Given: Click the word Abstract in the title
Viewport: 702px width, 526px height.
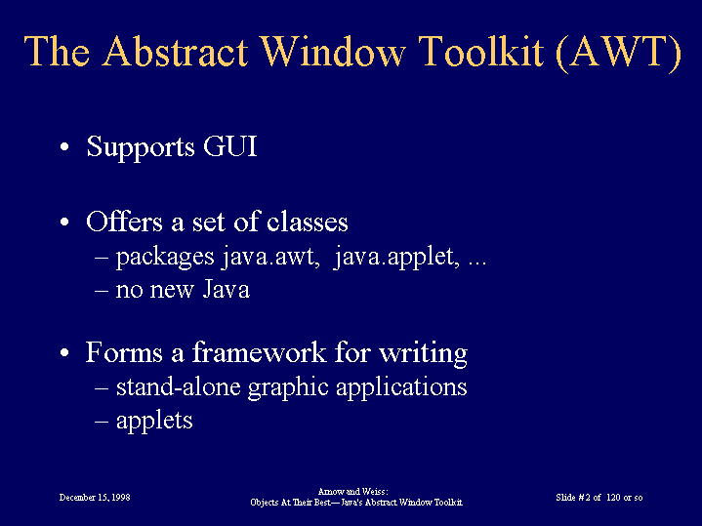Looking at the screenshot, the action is click(x=176, y=51).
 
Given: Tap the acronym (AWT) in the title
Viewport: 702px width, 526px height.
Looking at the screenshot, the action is click(x=618, y=52).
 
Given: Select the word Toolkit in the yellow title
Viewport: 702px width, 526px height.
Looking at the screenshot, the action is click(x=482, y=51).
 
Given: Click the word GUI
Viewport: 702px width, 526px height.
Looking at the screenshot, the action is click(x=230, y=146).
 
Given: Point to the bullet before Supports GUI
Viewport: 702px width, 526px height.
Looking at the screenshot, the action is click(x=64, y=146).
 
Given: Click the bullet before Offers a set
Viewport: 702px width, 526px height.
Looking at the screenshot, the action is click(x=64, y=223).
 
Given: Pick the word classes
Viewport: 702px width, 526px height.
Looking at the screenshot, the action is click(x=308, y=222).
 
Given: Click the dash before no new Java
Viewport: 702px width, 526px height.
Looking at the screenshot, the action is click(x=102, y=290).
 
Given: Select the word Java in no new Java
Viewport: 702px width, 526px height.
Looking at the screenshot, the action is click(x=227, y=289).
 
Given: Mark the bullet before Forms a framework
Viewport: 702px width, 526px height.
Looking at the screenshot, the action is click(x=64, y=352).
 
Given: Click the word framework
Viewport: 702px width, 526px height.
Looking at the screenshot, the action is click(x=259, y=352).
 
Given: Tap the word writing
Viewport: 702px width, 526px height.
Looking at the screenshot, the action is click(x=424, y=353).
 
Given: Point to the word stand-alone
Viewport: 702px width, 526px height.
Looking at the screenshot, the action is click(x=179, y=386).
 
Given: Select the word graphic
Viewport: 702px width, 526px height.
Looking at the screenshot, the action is click(x=288, y=387).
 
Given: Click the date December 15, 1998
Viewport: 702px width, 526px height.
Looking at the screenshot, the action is click(x=95, y=498).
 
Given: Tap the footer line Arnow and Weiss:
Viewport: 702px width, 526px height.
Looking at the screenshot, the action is click(x=352, y=492).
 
